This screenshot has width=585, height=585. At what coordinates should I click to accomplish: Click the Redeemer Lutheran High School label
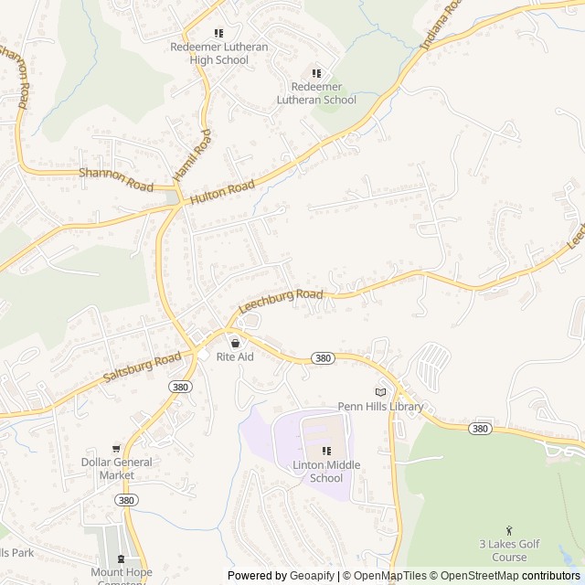218,53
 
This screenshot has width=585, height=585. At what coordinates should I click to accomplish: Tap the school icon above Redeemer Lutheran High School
218,34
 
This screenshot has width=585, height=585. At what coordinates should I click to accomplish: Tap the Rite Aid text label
235,356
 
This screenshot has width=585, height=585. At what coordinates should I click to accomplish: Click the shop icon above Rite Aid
235,343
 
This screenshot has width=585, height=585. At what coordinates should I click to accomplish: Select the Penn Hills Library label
381,407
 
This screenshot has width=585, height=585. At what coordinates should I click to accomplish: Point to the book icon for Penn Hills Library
380,392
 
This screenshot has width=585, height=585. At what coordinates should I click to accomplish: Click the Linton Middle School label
326,472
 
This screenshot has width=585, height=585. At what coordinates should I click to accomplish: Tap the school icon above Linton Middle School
326,451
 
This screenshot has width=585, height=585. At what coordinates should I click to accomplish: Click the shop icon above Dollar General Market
115,449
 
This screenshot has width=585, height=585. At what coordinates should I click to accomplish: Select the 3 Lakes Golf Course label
509,550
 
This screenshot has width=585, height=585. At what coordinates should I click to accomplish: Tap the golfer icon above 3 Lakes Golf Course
509,530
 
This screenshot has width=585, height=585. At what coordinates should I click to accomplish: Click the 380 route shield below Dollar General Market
127,501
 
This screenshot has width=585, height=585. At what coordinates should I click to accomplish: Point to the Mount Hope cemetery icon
121,559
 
